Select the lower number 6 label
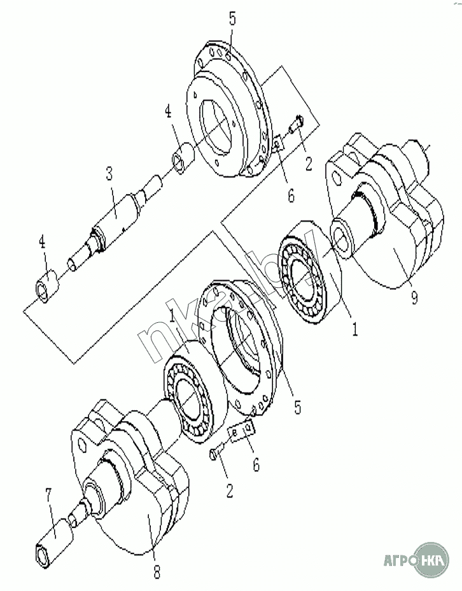256,464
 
